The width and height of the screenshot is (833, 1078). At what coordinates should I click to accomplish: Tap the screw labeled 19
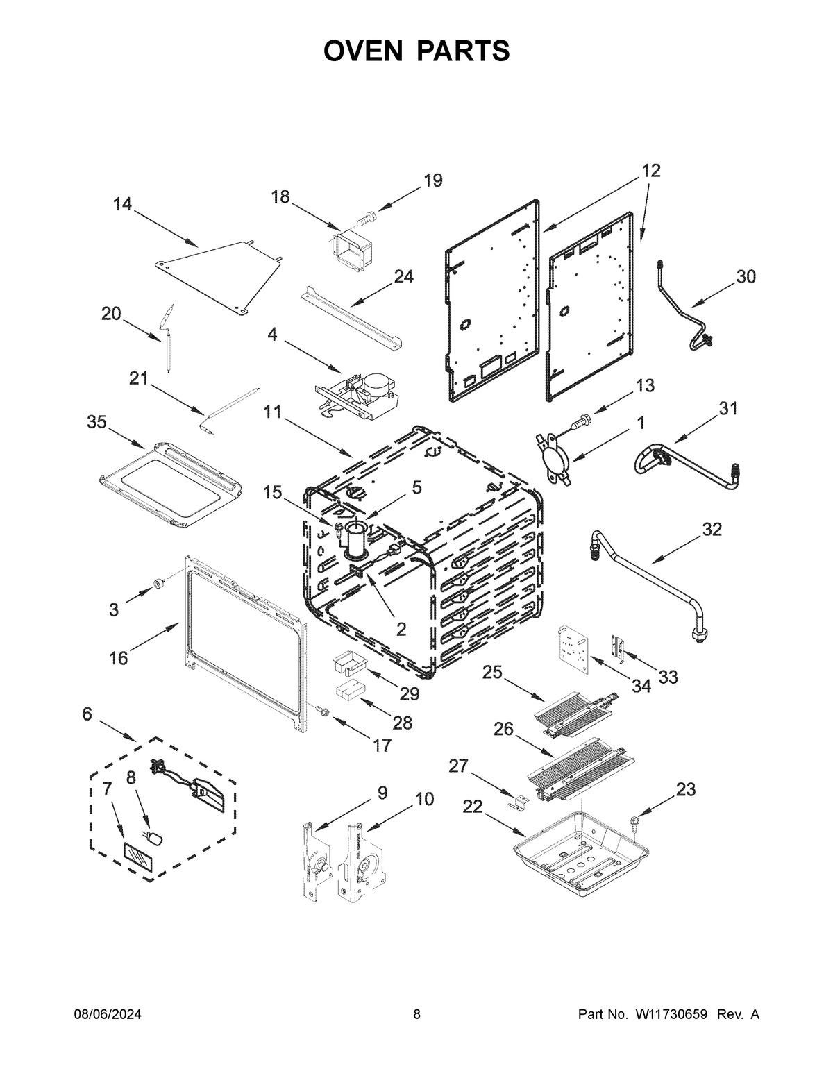click(x=365, y=218)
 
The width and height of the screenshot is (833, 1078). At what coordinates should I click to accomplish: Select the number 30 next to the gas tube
click(x=746, y=276)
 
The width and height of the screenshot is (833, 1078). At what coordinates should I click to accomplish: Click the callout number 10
click(x=424, y=799)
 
